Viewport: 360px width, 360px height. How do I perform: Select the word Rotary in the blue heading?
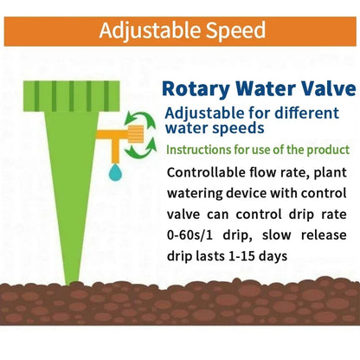tap(196, 90)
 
